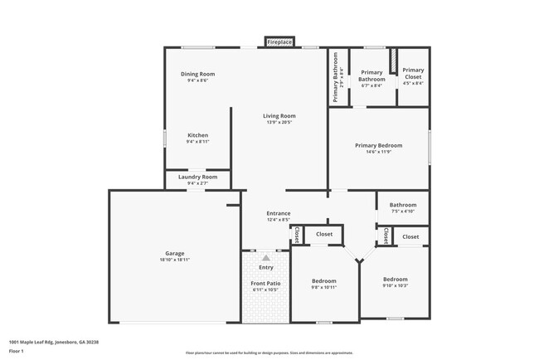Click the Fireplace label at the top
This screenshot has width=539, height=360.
(x=279, y=41)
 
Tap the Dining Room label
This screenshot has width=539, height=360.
(x=197, y=74)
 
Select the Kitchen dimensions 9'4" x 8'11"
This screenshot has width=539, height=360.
(x=197, y=142)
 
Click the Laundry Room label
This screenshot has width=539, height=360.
(x=197, y=177)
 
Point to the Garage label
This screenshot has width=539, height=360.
(x=174, y=253)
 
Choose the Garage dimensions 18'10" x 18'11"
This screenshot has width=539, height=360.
(x=174, y=260)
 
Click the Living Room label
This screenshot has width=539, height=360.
(x=279, y=115)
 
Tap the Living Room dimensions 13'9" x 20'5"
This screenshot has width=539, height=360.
(x=279, y=123)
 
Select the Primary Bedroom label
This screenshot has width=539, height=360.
(x=378, y=145)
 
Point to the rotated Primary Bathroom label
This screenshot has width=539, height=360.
(x=336, y=78)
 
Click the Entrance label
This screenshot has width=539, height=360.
(x=279, y=213)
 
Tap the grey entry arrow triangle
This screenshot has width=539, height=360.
(x=266, y=258)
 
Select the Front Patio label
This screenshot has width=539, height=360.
(x=265, y=284)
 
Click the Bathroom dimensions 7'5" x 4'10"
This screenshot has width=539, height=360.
(x=403, y=212)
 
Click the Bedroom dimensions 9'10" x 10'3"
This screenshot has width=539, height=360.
(x=395, y=286)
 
